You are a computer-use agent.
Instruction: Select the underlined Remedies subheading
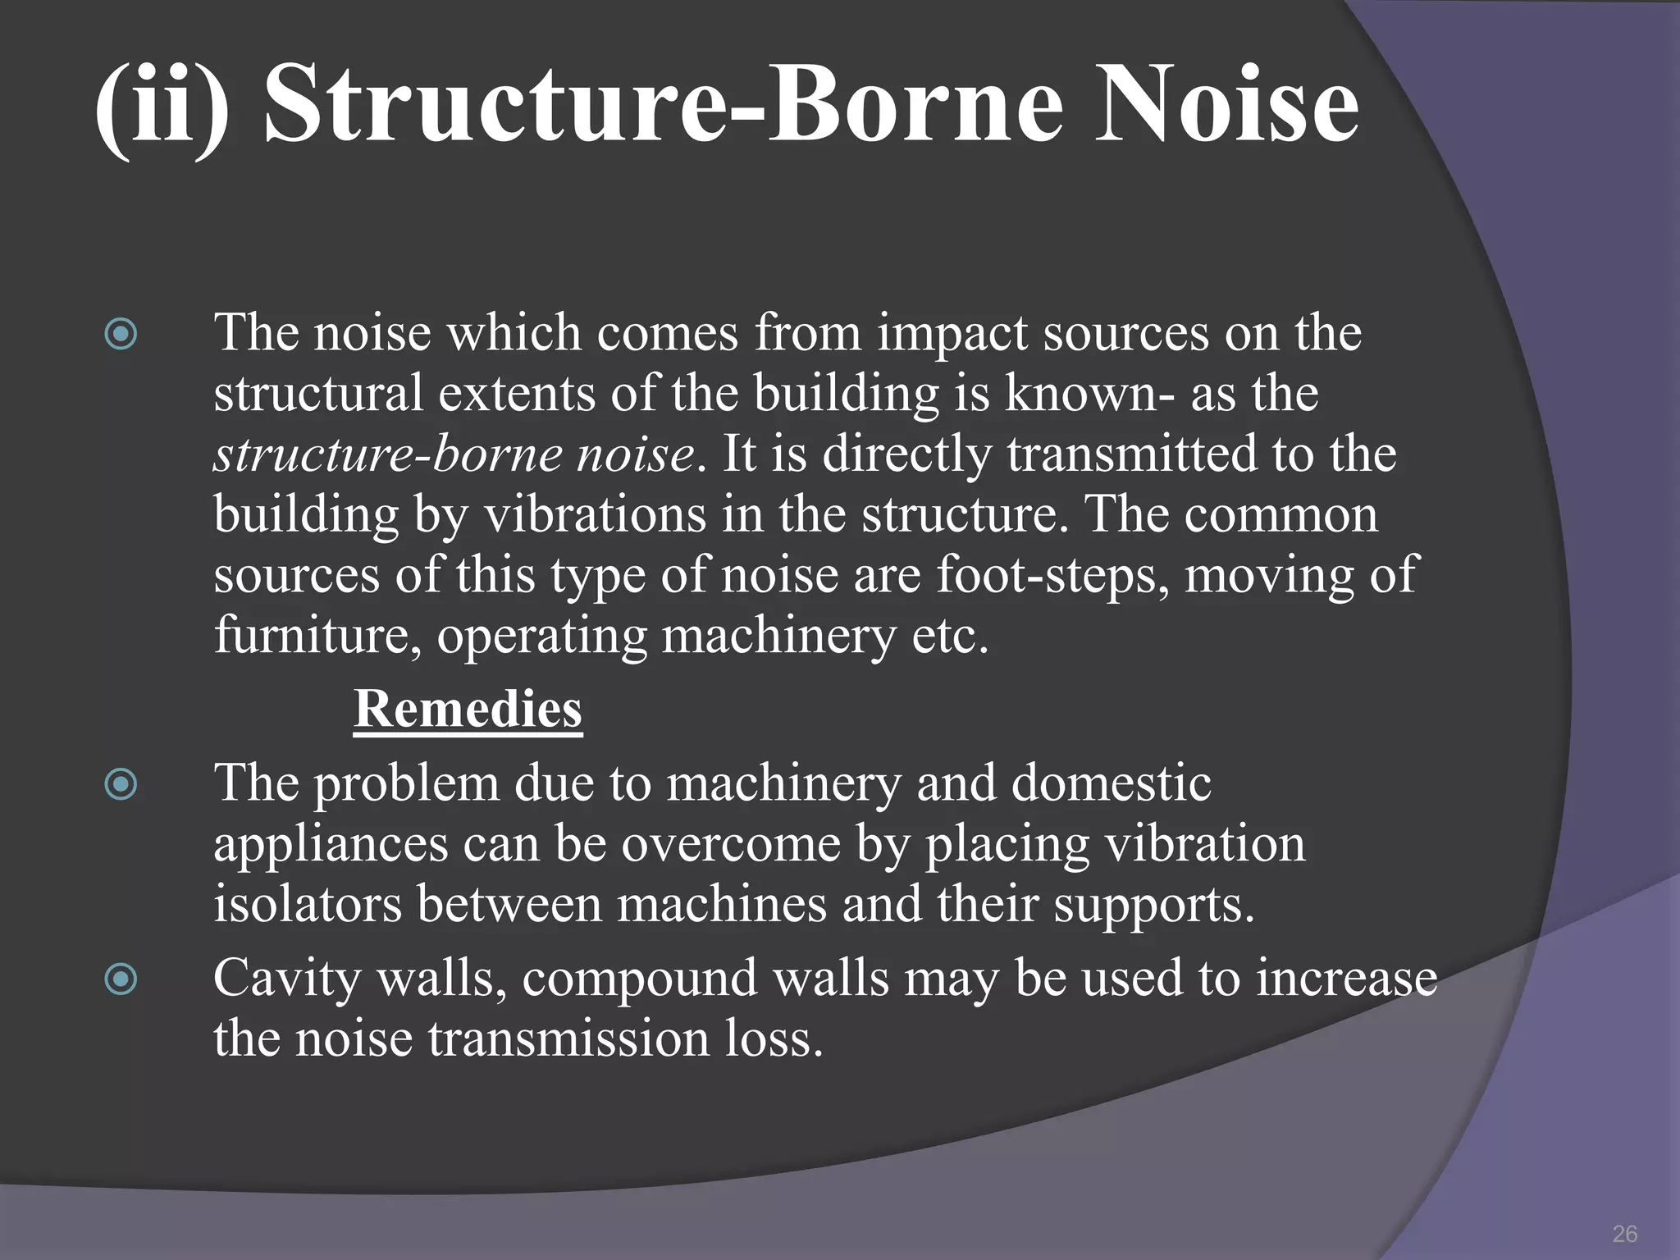click(468, 709)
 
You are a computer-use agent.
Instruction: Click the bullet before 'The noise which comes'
click(121, 334)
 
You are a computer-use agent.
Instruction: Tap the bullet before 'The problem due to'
click(121, 784)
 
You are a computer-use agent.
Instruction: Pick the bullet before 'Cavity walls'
click(121, 979)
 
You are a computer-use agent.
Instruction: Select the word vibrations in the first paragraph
click(595, 515)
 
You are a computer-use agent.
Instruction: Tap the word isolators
click(308, 904)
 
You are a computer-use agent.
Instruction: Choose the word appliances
click(330, 845)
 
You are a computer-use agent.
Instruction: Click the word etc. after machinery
click(950, 635)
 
